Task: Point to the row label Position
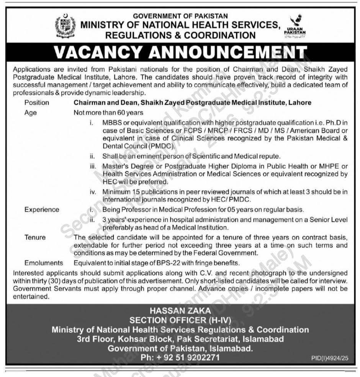pyautogui.click(x=37, y=103)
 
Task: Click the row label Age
pyautogui.click(x=30, y=113)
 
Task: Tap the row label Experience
pyautogui.click(x=42, y=209)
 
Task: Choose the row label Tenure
pyautogui.click(x=35, y=237)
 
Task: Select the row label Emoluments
pyautogui.click(x=44, y=263)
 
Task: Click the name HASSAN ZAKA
pyautogui.click(x=180, y=312)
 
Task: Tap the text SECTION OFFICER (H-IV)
pyautogui.click(x=180, y=320)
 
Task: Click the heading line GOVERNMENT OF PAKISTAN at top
pyautogui.click(x=180, y=16)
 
